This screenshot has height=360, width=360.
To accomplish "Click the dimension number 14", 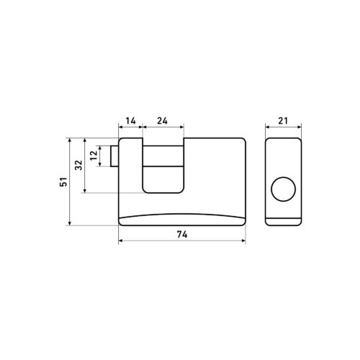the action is (x=131, y=121).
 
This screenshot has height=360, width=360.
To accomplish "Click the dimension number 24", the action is (x=163, y=121).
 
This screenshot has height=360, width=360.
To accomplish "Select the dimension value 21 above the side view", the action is (x=283, y=121).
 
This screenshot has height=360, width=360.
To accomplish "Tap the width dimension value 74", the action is (x=182, y=234).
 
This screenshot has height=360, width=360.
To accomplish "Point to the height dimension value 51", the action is (x=64, y=182).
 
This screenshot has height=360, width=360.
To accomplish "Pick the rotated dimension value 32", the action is (x=78, y=165).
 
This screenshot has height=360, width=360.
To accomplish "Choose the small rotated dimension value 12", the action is (x=94, y=156).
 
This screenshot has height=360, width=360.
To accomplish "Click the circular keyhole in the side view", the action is (x=283, y=189).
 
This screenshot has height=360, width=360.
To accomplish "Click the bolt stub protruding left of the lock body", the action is (x=114, y=156).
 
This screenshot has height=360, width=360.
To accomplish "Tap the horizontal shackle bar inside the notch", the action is (x=163, y=156).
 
